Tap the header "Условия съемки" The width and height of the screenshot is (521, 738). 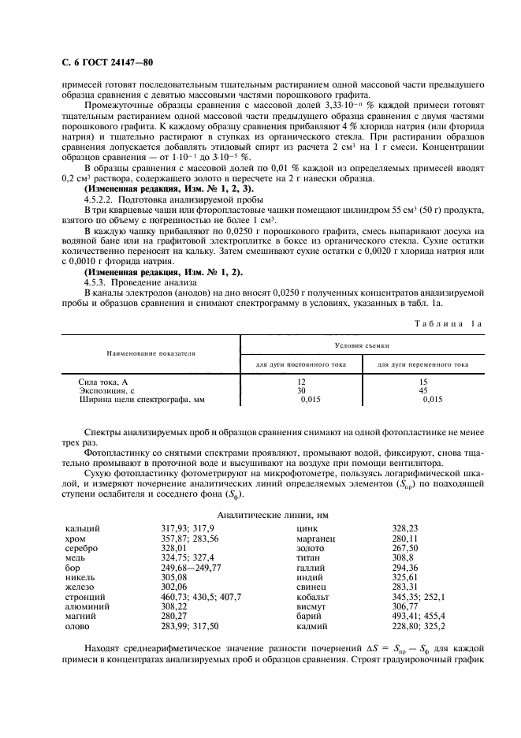coord(360,345)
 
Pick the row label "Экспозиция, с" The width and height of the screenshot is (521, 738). coord(108,390)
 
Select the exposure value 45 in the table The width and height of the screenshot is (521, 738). coord(423,390)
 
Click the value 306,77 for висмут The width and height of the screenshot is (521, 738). coord(407,607)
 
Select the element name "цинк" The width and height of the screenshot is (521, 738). coord(307,528)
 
